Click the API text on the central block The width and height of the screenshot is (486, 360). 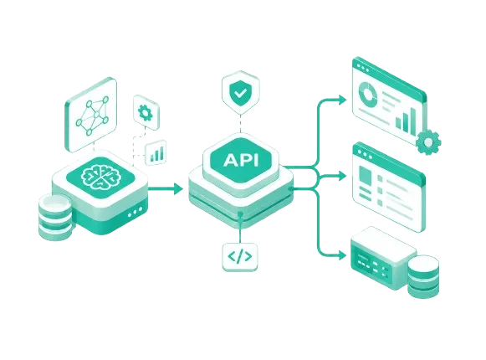coord(241,160)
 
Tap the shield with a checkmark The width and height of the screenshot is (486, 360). coord(241,92)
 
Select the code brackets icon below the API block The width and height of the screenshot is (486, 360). coord(240,257)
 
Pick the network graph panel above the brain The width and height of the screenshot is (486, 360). coord(91,115)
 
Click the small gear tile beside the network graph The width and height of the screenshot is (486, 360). coord(146,112)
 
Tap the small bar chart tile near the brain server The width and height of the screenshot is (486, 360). coord(156,152)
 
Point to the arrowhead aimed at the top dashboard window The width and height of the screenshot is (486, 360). coord(342,100)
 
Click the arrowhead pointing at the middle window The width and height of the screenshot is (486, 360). coord(342,176)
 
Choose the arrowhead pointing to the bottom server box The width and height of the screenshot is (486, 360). coord(342,255)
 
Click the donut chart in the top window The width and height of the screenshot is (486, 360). coord(367,92)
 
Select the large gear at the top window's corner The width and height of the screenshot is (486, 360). coord(428,142)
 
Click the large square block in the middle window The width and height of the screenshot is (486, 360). coord(365,175)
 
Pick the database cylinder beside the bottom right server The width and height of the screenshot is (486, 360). coord(423,276)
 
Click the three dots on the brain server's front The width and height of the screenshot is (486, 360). coord(136,212)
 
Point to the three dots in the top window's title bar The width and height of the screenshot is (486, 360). coord(363,68)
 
